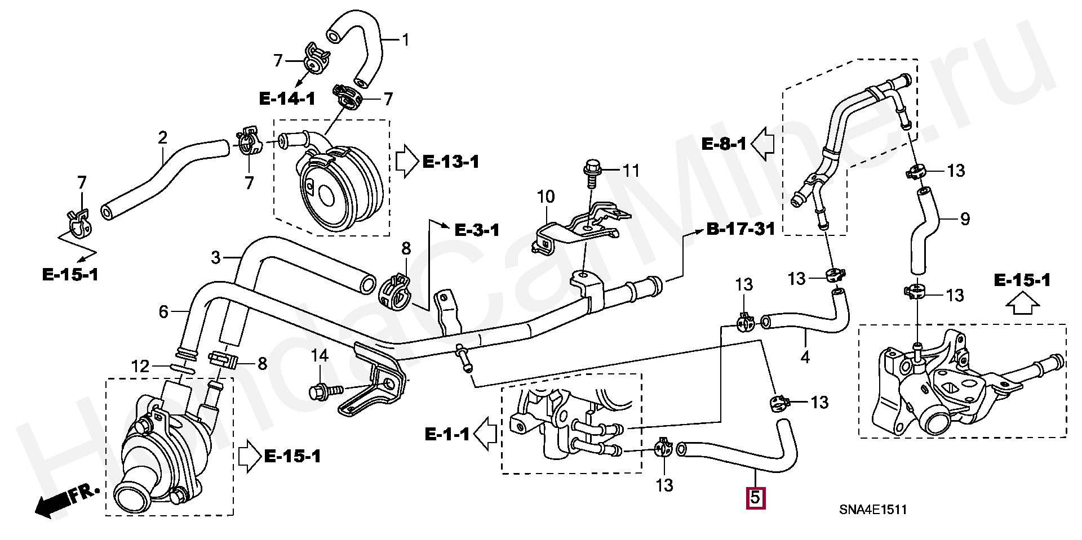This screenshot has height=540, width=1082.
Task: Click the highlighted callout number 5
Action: point(756,498)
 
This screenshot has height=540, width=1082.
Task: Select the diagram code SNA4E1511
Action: point(872,510)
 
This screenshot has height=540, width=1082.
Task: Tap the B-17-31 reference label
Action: point(740,230)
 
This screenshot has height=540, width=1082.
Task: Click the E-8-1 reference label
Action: point(724,144)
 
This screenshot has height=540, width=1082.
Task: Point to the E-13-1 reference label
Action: point(451,162)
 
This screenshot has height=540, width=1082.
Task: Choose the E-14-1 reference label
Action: point(287,99)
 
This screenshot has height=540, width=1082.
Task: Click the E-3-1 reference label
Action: point(477,230)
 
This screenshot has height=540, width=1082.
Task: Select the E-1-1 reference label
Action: point(447,435)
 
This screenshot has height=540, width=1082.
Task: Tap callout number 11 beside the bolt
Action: point(631,170)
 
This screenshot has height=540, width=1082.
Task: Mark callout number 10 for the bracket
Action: point(546,197)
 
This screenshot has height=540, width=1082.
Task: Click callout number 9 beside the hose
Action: point(964,219)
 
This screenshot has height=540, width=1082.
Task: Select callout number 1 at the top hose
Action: point(405,40)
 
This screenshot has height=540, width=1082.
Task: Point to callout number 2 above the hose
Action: point(163,137)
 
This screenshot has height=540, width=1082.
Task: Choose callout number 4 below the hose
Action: point(805,356)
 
